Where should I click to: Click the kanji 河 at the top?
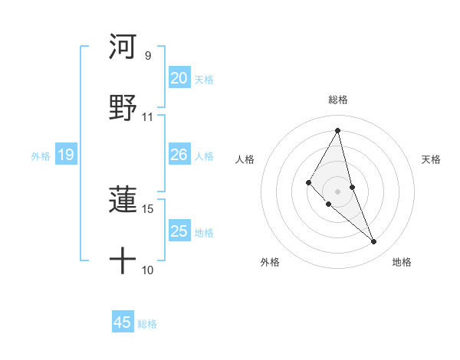123,47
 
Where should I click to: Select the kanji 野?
123,108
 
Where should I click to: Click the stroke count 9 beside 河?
147,56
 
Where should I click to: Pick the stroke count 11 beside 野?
147,117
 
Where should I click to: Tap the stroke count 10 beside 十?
147,270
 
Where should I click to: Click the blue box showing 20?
179,77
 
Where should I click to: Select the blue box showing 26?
179,155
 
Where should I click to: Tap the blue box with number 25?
179,231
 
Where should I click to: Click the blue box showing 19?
65,155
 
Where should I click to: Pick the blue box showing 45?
123,322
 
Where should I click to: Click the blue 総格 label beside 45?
147,324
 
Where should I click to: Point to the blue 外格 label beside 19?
41,156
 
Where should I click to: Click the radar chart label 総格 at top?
337,100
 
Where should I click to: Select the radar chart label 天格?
432,159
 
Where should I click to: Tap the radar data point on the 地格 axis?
374,242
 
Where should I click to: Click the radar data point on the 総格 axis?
337,130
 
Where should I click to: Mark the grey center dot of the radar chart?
337,191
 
